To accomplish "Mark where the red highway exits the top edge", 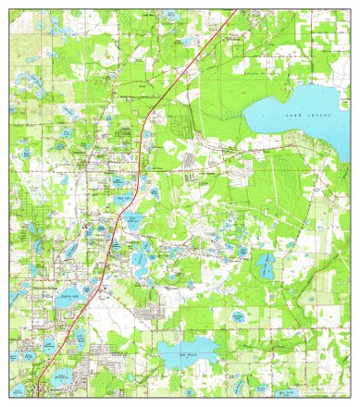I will pos(238,10).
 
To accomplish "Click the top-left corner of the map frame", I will pos(12,10).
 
